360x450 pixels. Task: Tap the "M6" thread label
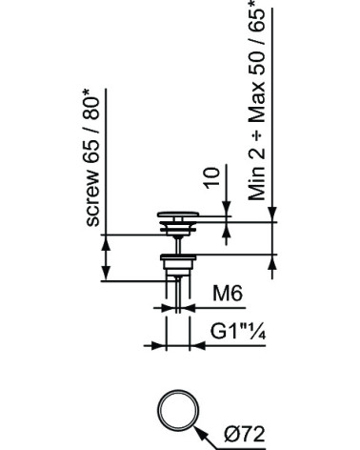228,293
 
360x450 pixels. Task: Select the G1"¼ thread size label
238,332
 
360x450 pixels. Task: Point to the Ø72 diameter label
245,434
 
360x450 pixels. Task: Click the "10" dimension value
212,178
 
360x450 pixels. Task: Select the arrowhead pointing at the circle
200,433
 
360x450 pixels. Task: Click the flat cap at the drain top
178,215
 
